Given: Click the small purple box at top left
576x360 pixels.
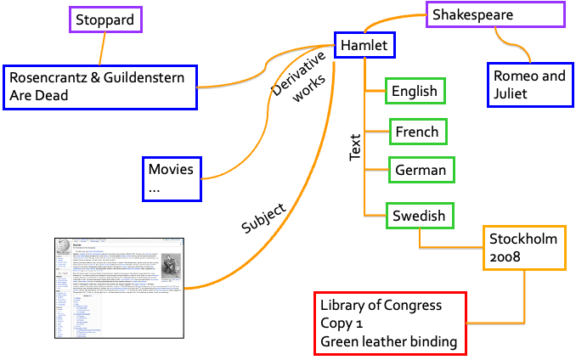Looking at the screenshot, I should point(105,20).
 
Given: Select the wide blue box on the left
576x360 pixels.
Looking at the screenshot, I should point(100,87).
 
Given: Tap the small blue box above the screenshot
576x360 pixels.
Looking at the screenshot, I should point(172,179).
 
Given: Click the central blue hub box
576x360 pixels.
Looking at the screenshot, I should point(364,45).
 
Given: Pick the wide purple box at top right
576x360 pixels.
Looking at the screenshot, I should point(495,14).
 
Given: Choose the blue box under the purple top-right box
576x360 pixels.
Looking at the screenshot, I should point(530,85).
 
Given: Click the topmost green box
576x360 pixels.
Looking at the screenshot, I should point(415,91).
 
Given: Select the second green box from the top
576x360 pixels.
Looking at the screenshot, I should point(418,132).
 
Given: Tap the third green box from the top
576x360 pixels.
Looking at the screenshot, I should point(421,170).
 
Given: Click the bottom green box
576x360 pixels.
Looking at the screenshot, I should point(420,216).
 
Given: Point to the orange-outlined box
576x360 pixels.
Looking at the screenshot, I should point(524,248).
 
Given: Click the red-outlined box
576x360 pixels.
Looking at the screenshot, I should point(390,323).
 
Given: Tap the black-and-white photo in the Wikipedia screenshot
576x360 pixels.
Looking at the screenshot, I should point(171,266).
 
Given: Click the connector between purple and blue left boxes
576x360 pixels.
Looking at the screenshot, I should point(102,48).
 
